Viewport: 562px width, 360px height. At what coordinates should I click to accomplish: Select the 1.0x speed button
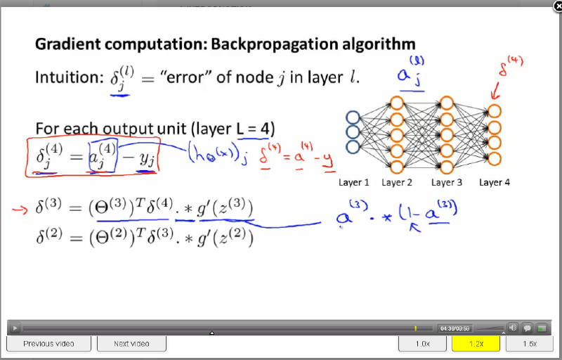pos(421,344)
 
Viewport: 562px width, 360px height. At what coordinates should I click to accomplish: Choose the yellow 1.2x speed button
pos(476,344)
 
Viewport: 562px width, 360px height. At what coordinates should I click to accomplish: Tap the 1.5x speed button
pos(530,344)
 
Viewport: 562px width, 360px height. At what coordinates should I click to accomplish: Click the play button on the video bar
pos(14,328)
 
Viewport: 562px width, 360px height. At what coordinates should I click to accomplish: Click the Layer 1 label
pos(354,183)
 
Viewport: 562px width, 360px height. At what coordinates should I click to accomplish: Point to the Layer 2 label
pos(398,183)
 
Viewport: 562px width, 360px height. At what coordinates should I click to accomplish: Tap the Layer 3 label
pos(447,183)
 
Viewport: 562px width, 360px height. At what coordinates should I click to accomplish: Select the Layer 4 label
pos(495,183)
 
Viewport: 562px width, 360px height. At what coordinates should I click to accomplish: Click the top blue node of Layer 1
pos(353,117)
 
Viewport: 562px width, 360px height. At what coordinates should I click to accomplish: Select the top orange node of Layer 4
pos(495,111)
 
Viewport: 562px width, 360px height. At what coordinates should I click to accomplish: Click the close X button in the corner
pos(556,6)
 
